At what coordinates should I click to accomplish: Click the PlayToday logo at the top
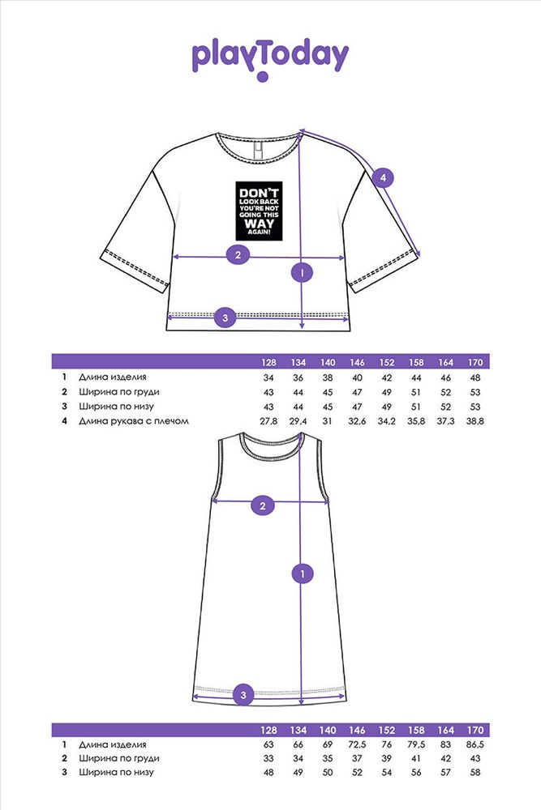(x=270, y=58)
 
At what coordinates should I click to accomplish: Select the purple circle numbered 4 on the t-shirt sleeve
(x=384, y=177)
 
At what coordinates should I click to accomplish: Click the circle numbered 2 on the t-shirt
(x=238, y=256)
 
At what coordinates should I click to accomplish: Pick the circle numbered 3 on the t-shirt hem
(x=225, y=318)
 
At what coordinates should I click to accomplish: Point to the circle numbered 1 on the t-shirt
(x=302, y=274)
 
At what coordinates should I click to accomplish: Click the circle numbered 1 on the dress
(x=303, y=574)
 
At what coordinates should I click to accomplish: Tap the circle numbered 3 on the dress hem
(x=243, y=693)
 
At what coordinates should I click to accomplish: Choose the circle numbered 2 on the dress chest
(x=262, y=506)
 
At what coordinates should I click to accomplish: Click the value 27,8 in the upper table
(x=269, y=421)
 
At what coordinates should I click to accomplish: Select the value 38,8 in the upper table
(x=474, y=421)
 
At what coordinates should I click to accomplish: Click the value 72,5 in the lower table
(x=357, y=744)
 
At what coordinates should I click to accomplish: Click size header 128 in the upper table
(x=269, y=362)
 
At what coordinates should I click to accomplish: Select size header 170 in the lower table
(x=474, y=729)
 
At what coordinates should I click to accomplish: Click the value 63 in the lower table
(x=269, y=744)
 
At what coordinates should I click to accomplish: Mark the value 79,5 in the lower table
(x=415, y=744)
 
